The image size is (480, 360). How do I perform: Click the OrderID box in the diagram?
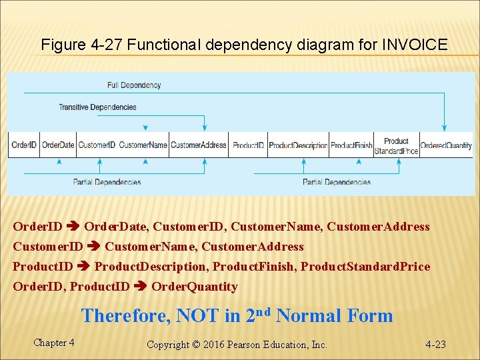[x=24, y=145]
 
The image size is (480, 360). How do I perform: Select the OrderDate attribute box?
[x=58, y=145]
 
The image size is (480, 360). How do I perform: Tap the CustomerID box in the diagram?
[x=97, y=145]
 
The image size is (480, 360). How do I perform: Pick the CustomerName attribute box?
[x=143, y=145]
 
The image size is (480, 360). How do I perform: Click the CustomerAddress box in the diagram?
[x=199, y=145]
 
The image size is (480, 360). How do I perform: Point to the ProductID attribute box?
[x=248, y=145]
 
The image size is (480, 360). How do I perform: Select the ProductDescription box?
[x=298, y=145]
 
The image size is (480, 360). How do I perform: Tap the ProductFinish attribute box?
[x=351, y=145]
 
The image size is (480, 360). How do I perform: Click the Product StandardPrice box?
[x=396, y=145]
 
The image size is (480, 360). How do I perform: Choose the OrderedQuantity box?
[x=446, y=145]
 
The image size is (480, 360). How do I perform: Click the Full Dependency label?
[x=134, y=85]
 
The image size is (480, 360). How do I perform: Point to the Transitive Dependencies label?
[x=97, y=107]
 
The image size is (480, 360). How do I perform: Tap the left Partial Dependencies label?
[x=107, y=182]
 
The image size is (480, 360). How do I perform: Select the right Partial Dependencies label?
[x=337, y=182]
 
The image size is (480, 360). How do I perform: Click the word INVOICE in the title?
[x=414, y=45]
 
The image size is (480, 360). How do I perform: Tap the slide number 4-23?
[x=435, y=345]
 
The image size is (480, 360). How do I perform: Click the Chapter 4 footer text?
[x=53, y=343]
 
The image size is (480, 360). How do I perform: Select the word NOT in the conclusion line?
[x=199, y=315]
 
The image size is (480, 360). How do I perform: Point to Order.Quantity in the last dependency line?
[x=195, y=287]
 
